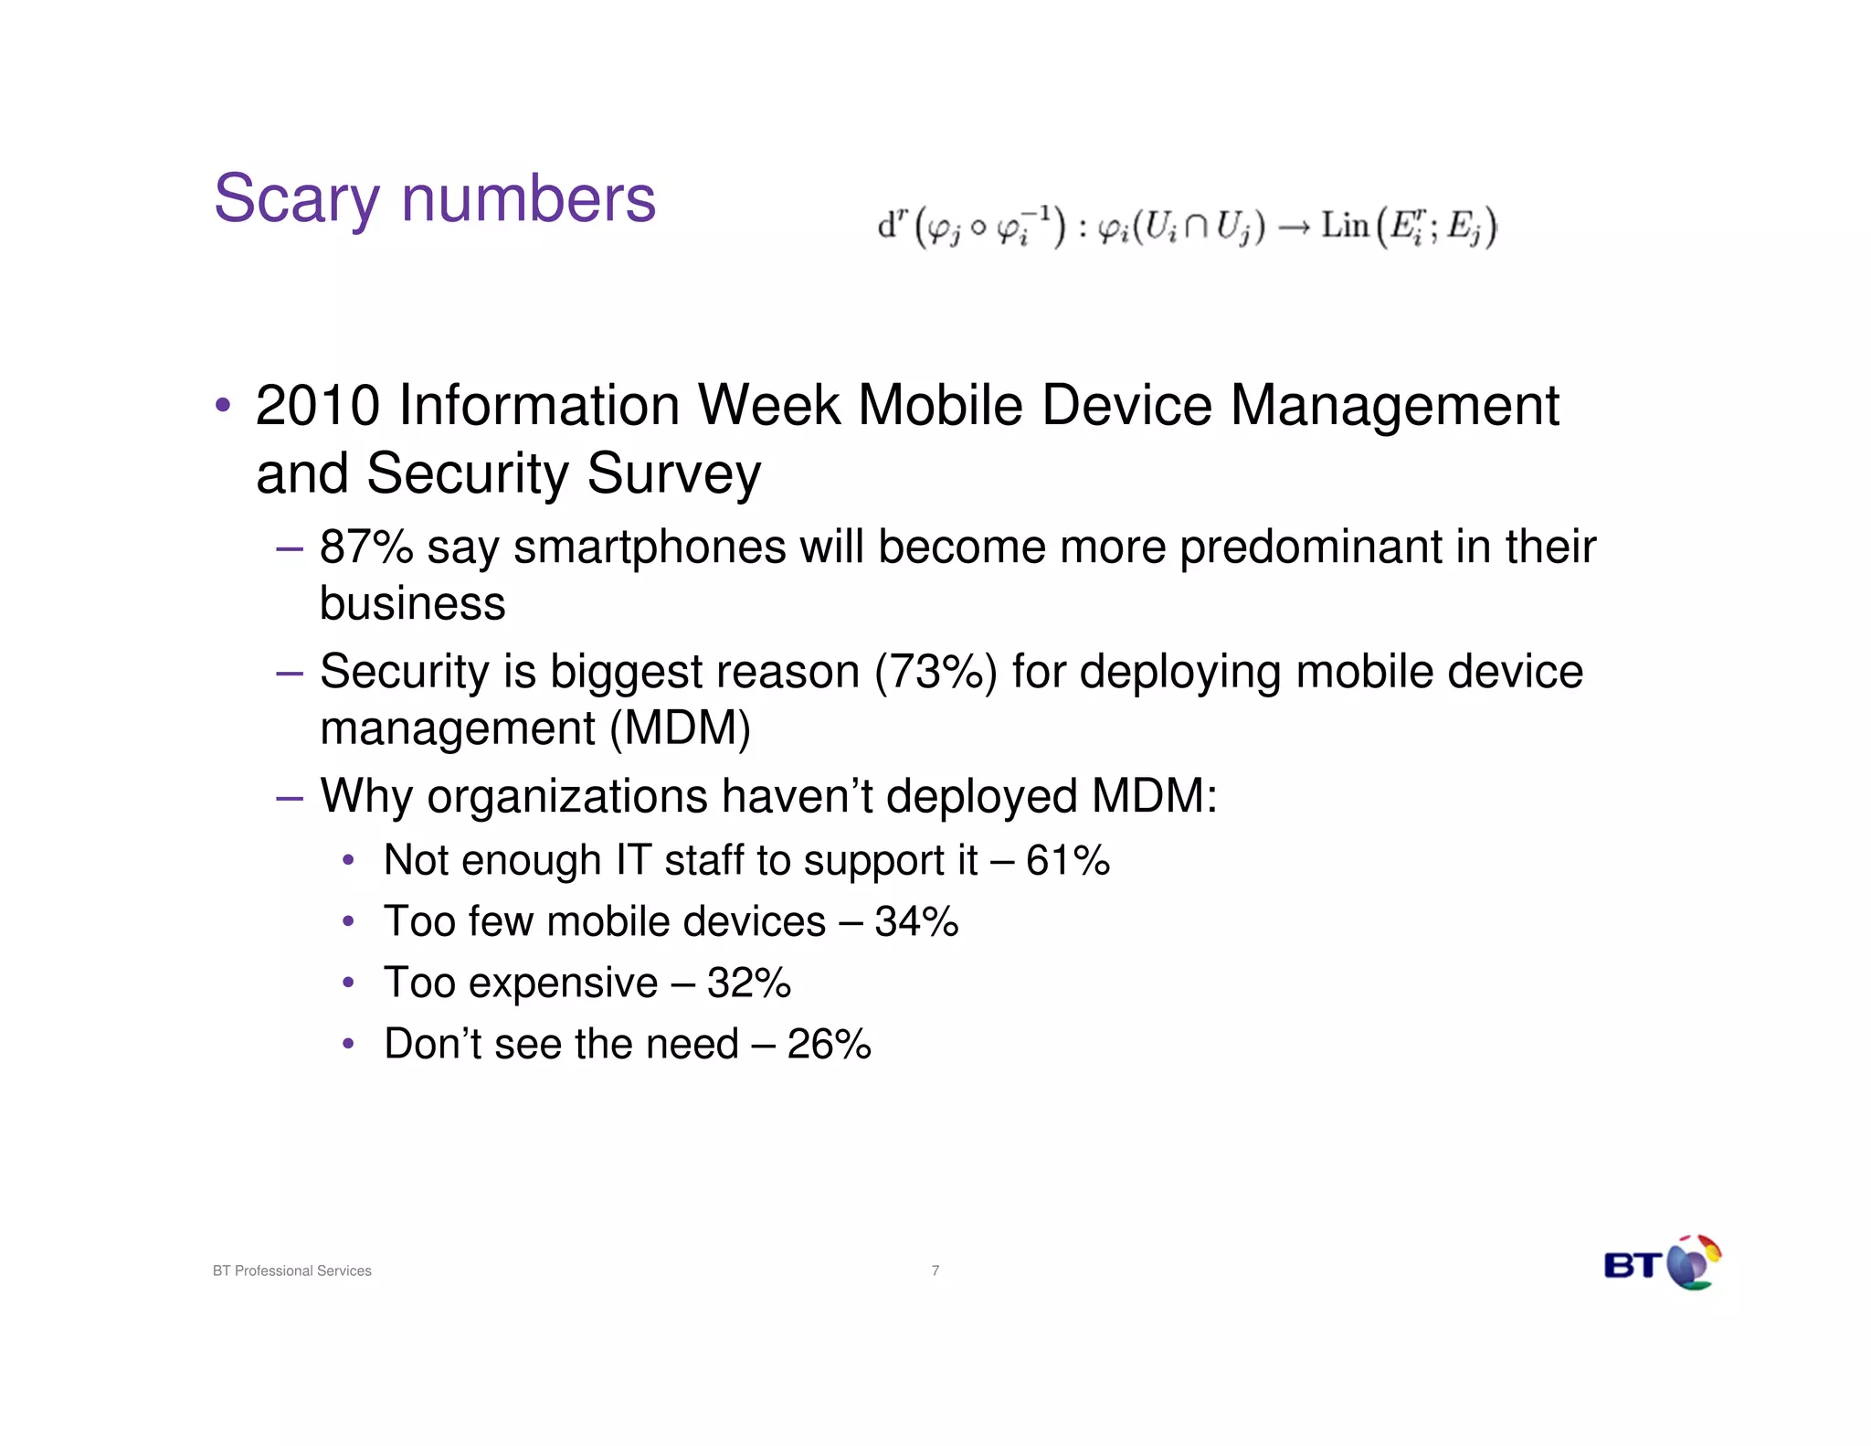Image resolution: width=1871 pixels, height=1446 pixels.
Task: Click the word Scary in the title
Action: pyautogui.click(x=296, y=199)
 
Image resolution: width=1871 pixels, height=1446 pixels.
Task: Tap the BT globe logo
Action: pyautogui.click(x=1692, y=1263)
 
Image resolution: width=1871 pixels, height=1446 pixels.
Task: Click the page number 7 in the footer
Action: pyautogui.click(x=935, y=1271)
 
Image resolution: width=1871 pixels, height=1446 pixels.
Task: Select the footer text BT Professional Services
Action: pyautogui.click(x=291, y=1271)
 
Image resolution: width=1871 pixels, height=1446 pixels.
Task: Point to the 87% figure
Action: pyautogui.click(x=365, y=548)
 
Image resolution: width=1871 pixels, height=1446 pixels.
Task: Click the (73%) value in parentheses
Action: pyautogui.click(x=935, y=672)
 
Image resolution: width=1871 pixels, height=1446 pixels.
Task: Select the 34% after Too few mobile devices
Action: pyautogui.click(x=915, y=921)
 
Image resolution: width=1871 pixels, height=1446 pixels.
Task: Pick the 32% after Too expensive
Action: pyautogui.click(x=748, y=983)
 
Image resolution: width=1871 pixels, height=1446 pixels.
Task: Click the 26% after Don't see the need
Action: pyautogui.click(x=829, y=1045)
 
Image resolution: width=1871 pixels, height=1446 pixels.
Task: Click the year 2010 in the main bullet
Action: pyautogui.click(x=317, y=406)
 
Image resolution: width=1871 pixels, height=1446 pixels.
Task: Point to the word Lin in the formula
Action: pyautogui.click(x=1344, y=225)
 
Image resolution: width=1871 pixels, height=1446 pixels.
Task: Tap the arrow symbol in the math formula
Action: pyautogui.click(x=1293, y=227)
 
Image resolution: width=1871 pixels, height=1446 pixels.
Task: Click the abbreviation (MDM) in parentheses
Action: pyautogui.click(x=680, y=729)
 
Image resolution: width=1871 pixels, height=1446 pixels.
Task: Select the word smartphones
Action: pyautogui.click(x=649, y=548)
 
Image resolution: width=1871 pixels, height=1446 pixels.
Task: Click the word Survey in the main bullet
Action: pyautogui.click(x=673, y=474)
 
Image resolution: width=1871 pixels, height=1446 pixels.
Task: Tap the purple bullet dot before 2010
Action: pyautogui.click(x=222, y=404)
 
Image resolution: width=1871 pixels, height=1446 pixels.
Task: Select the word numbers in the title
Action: pyautogui.click(x=528, y=199)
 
